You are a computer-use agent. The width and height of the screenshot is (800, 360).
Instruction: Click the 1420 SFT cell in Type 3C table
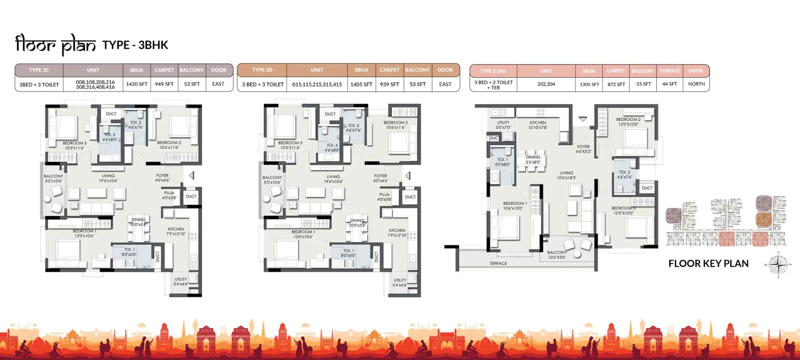pos(137,84)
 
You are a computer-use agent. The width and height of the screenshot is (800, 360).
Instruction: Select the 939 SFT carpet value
pos(389,84)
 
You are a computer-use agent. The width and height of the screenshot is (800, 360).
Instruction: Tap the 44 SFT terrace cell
pos(669,84)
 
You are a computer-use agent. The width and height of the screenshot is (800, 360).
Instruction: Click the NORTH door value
pos(696,84)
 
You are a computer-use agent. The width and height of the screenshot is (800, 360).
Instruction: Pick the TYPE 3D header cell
pos(262,70)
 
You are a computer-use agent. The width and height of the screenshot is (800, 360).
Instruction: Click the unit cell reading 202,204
pos(546,84)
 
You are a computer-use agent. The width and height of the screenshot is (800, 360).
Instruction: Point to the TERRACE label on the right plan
pos(498,263)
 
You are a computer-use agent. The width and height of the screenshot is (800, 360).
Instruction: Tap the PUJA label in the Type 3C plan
pos(169,195)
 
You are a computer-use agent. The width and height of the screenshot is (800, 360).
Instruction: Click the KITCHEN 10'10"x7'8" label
pos(537,125)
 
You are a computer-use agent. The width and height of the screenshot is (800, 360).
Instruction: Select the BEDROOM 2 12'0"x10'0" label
pos(628,122)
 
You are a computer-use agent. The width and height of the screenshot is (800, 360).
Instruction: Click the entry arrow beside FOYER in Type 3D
pos(408,175)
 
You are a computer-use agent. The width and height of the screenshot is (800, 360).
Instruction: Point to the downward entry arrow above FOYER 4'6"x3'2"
pos(583,119)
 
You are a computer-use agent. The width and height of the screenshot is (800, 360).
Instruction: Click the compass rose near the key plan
pos(778,265)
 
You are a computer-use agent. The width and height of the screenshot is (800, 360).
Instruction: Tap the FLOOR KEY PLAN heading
pos(708,264)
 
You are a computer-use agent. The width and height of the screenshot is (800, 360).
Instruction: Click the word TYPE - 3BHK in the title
pos(135,45)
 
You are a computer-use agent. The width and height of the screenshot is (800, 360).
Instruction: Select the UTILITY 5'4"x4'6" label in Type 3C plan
pos(181,281)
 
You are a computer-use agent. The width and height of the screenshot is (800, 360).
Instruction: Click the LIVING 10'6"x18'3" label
pos(566,175)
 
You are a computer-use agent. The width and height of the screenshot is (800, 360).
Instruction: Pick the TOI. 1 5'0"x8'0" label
pos(502,162)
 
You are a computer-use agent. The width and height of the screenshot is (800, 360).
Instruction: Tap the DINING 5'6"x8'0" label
pos(533,160)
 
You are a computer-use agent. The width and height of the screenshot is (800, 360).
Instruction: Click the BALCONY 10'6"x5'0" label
pos(557,254)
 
